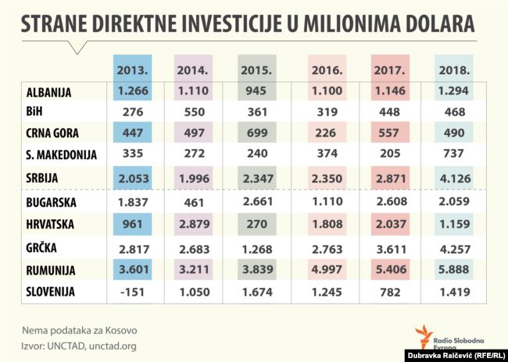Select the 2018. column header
click(454, 69)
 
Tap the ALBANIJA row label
click(48, 92)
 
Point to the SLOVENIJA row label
click(50, 293)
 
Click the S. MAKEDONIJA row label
click(60, 154)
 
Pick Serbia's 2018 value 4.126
click(454, 179)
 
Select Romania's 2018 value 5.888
click(454, 270)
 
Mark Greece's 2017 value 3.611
click(388, 248)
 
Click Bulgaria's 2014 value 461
click(191, 203)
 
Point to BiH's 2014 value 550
click(191, 112)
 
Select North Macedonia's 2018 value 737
click(454, 154)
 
